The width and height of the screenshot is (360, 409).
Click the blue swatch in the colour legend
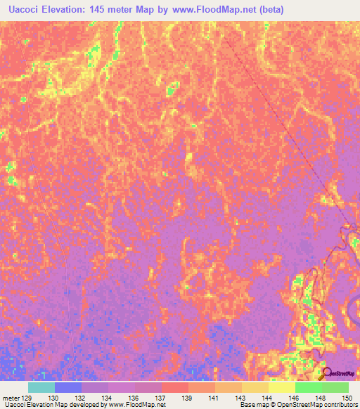click(x=67, y=387)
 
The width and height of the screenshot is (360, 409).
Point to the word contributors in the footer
click(x=340, y=405)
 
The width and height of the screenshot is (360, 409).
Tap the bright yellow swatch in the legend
click(x=281, y=387)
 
